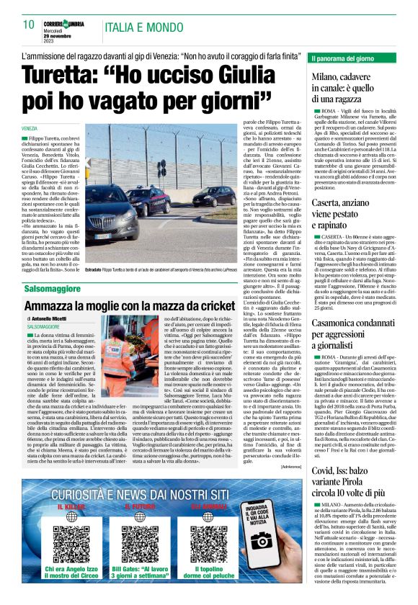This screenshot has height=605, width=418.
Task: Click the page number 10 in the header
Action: coord(29,24)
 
